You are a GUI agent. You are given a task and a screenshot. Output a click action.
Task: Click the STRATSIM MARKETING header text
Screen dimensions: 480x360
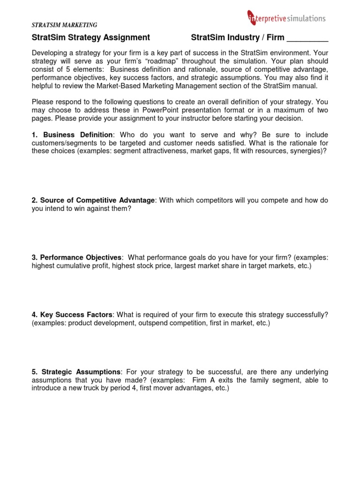click(64, 25)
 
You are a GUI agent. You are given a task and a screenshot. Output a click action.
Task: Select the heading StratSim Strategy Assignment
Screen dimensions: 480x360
click(91, 37)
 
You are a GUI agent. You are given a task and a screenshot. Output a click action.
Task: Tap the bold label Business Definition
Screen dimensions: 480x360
click(78, 135)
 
